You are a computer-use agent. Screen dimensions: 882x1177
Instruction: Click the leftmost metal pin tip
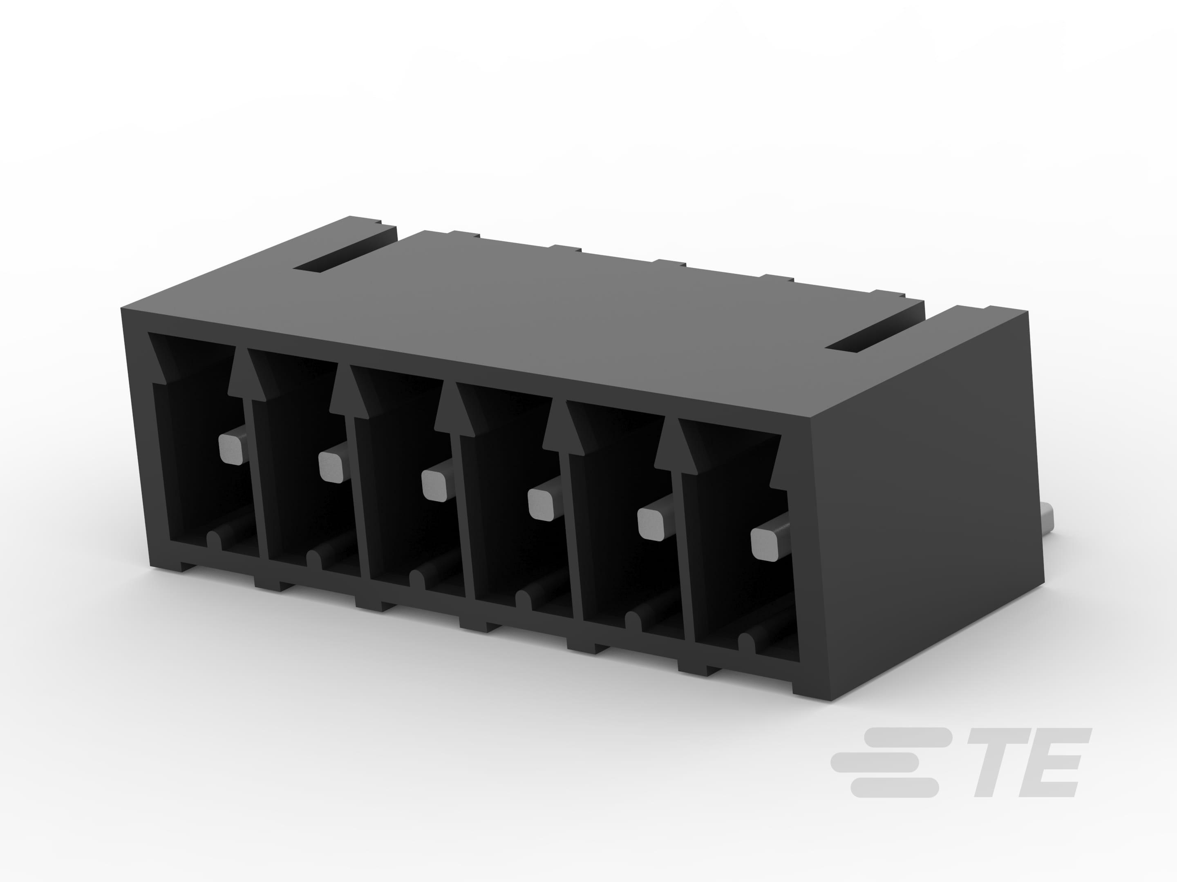click(231, 449)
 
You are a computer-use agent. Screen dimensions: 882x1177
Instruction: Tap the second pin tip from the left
click(331, 466)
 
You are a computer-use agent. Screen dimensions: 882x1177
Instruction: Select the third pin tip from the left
click(434, 486)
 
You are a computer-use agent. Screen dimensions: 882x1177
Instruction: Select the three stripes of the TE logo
click(888, 762)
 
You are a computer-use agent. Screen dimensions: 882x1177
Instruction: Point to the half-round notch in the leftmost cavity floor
click(214, 540)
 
